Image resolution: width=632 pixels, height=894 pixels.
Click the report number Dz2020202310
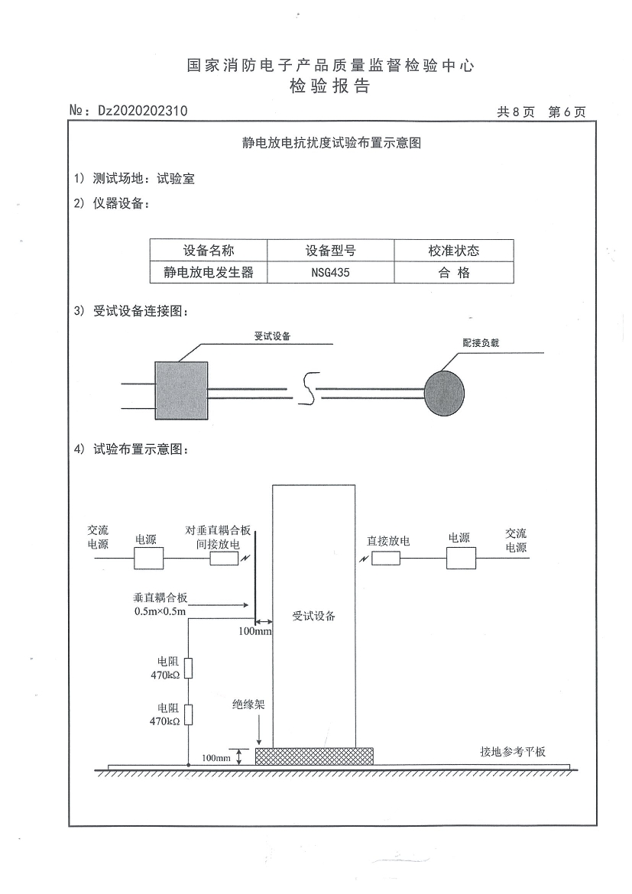[143, 111]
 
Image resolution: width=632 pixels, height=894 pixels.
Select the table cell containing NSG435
[330, 273]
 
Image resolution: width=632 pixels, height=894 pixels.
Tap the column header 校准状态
[454, 251]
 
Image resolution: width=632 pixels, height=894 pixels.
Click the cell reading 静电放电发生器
[209, 273]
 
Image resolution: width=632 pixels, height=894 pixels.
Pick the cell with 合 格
[454, 273]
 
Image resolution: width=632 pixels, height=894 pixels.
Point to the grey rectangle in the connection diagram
[181, 390]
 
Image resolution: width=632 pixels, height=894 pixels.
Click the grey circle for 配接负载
[444, 394]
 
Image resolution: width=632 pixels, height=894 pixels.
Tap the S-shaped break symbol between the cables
[308, 388]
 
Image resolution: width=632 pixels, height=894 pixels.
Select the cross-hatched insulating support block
[314, 756]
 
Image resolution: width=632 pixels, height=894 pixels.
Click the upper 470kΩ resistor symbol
[188, 669]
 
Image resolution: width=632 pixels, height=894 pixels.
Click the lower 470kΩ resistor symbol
[188, 714]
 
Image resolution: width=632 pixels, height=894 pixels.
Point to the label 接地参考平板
[513, 751]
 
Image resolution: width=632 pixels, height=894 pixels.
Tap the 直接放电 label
[388, 540]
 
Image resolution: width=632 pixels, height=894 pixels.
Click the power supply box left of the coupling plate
[149, 559]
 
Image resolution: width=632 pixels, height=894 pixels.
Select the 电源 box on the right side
[461, 558]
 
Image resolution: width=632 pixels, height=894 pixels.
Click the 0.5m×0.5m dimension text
[160, 611]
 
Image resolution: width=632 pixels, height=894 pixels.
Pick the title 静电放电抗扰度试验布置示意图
[332, 143]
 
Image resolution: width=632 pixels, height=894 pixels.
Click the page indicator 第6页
[567, 112]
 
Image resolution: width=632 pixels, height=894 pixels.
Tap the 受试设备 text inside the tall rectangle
[314, 616]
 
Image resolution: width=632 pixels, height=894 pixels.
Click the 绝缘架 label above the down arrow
[248, 705]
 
